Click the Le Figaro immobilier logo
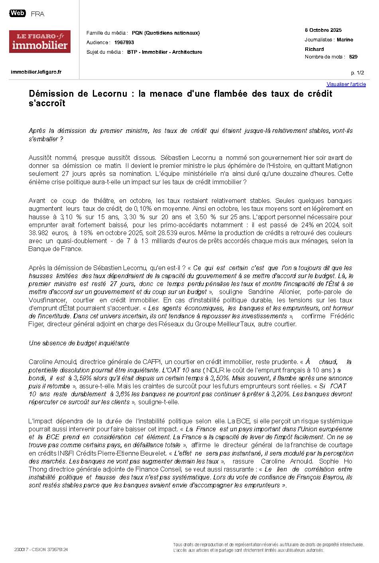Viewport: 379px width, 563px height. pos(40,41)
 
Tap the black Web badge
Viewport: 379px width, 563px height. pos(18,13)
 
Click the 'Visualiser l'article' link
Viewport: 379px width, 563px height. pos(346,84)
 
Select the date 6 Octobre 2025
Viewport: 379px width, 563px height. pos(323,30)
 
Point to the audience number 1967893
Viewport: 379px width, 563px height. pos(124,43)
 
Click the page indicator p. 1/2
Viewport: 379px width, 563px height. pos(357,73)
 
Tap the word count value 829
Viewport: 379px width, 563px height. pos(353,57)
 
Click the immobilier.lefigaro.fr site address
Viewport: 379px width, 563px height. pos(36,72)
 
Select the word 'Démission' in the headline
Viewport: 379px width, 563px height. pos(51,94)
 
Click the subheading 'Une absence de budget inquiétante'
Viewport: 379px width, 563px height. pos(79,343)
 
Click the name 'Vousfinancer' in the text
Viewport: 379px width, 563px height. pos(47,300)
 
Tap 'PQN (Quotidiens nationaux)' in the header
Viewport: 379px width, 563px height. pos(166,33)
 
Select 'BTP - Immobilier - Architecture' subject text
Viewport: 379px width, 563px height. pos(165,52)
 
